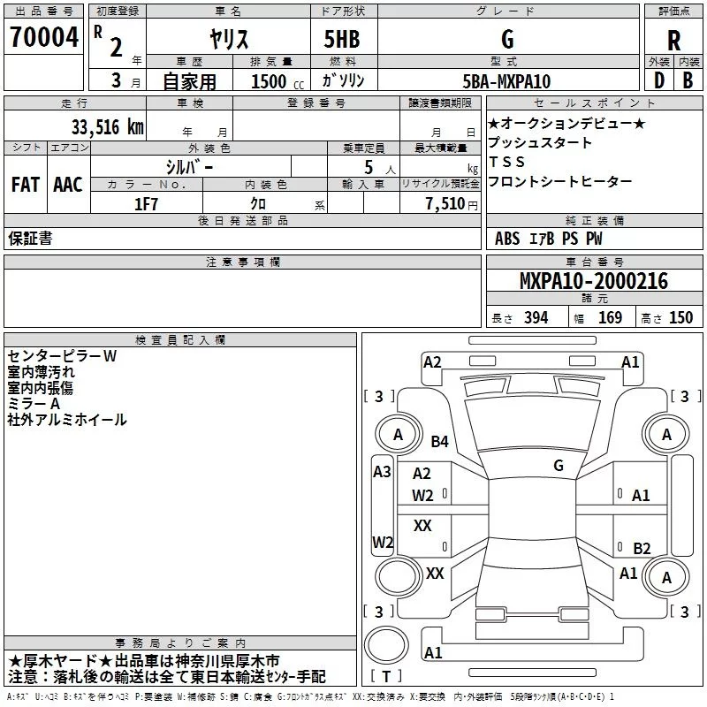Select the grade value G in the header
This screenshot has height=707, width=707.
tap(506, 39)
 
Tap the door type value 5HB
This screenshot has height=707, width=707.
tap(342, 39)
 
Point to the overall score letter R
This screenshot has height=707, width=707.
tap(673, 41)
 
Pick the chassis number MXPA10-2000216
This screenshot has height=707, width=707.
tap(594, 282)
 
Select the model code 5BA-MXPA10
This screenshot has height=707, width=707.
tap(506, 81)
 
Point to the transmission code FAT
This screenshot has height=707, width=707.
tap(26, 184)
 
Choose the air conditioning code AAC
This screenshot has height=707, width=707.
tap(68, 184)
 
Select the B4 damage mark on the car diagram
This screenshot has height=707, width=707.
tap(440, 441)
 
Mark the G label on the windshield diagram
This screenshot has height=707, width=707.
tap(559, 465)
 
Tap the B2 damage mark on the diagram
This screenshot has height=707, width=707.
tap(642, 548)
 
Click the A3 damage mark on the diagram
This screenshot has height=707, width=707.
tap(382, 472)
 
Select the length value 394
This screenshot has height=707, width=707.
tap(536, 318)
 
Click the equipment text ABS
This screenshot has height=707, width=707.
tap(507, 239)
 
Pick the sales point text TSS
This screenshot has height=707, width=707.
tap(506, 162)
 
